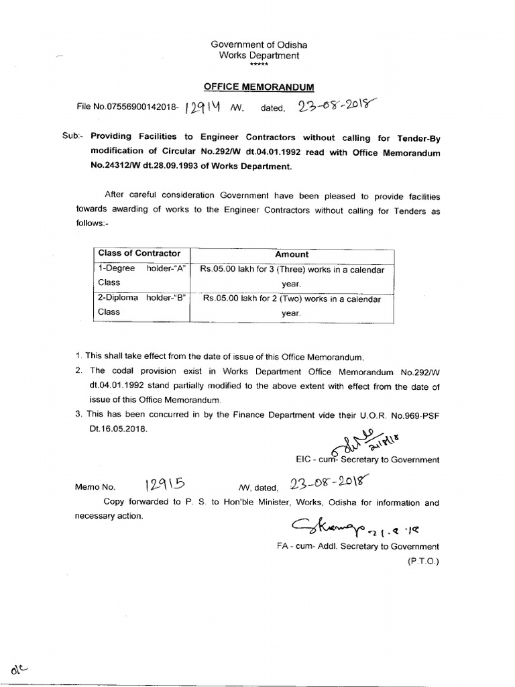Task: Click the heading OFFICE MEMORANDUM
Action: point(258,87)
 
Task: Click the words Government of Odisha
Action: point(259,44)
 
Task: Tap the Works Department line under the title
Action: point(259,56)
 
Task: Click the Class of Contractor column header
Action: point(139,254)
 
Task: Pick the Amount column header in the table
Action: point(292,254)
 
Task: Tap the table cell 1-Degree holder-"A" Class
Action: point(141,276)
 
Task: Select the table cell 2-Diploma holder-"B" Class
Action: point(141,305)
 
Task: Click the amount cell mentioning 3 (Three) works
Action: point(292,276)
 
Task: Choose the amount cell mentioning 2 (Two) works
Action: point(292,305)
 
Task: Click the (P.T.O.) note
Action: point(423,560)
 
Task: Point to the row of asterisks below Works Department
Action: point(259,65)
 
